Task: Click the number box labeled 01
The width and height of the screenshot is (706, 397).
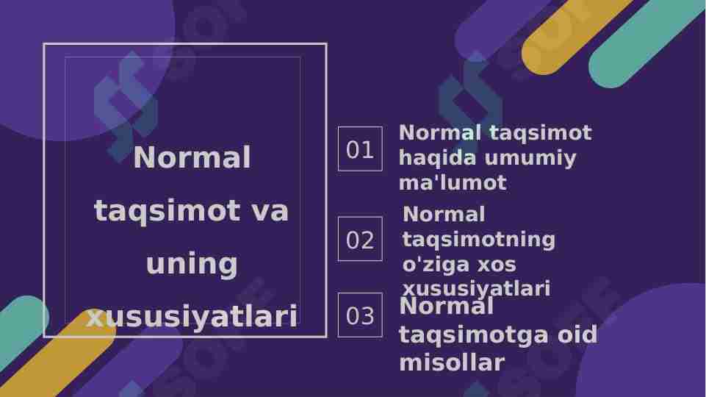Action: [360, 149]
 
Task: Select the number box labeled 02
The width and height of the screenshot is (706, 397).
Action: [360, 239]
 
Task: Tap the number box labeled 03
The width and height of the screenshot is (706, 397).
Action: [360, 315]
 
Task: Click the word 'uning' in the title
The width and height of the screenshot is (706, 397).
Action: [192, 264]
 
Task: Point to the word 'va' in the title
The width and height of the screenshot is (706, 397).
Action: [270, 211]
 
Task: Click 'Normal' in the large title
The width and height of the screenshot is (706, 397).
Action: [192, 157]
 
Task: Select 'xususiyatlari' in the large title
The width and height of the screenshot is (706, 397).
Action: [192, 317]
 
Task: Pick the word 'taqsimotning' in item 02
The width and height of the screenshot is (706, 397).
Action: [479, 240]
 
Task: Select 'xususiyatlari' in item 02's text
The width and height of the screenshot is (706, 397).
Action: [476, 289]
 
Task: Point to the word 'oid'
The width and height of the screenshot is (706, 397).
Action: [577, 335]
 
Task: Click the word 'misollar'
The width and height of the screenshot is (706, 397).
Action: [452, 362]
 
